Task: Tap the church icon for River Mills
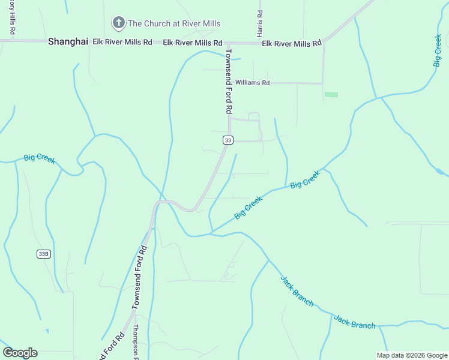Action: coord(118,23)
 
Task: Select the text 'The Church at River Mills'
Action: coord(174,24)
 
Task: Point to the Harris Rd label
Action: coord(260,23)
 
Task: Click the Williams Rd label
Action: coord(252,83)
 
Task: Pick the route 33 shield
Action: coord(228,140)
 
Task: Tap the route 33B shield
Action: coord(43,254)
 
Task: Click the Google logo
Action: coord(20,353)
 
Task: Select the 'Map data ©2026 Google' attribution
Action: coord(412,355)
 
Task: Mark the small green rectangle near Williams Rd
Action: coord(331,94)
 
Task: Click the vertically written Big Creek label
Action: coord(438,50)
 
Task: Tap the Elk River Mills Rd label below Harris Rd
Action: coord(292,43)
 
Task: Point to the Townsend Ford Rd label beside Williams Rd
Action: coord(228,82)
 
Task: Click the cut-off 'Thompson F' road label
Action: coord(136,341)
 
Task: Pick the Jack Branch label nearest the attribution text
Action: coord(354,322)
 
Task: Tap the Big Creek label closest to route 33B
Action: coord(40,159)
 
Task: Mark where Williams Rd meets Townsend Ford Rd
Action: coord(229,82)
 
